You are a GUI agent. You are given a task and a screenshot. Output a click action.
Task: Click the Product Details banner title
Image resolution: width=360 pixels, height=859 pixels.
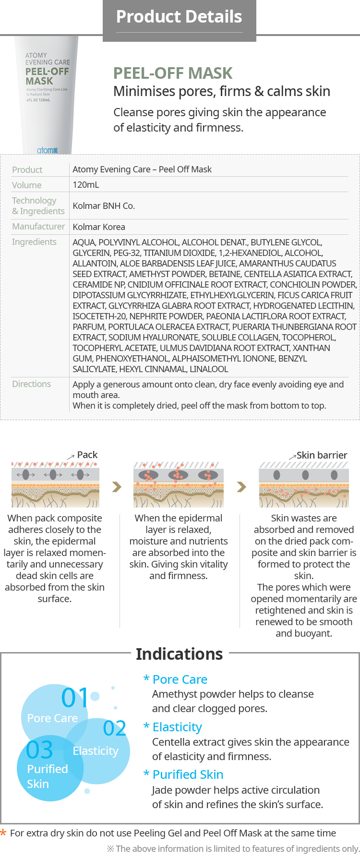tap(179, 17)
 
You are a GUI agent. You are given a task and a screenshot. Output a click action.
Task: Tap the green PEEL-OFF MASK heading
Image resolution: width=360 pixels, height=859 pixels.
tap(173, 73)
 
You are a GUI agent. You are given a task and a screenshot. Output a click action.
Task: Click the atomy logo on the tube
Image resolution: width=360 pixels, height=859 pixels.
tap(47, 150)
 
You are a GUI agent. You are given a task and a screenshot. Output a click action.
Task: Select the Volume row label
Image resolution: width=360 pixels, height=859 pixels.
tap(27, 185)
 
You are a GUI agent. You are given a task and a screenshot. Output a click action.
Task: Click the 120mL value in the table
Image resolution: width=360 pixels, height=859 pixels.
tap(86, 185)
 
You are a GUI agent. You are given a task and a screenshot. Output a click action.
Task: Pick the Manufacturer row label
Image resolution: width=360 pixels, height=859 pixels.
tap(38, 226)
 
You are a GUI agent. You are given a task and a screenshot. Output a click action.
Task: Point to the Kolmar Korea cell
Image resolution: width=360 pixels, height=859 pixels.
tap(99, 227)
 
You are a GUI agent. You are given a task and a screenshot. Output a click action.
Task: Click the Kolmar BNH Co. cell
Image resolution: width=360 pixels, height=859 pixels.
tap(104, 206)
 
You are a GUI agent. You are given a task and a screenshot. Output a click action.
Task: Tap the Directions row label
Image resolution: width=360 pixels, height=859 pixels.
tap(31, 384)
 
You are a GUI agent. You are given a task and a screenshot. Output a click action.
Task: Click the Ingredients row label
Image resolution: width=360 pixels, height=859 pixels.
tap(34, 242)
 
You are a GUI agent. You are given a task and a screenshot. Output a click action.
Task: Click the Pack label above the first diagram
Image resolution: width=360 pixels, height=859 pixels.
tap(87, 455)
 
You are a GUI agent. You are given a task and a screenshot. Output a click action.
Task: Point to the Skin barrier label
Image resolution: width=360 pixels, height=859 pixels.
tap(322, 455)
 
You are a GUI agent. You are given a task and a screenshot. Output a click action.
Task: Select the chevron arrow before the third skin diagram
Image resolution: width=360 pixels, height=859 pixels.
tap(241, 487)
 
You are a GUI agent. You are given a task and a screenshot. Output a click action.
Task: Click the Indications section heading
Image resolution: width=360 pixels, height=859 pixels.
tap(179, 654)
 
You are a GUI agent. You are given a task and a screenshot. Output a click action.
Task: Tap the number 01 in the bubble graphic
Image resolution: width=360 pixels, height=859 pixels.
tap(75, 698)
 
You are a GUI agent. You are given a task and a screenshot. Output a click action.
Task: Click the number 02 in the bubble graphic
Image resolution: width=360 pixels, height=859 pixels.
tap(114, 728)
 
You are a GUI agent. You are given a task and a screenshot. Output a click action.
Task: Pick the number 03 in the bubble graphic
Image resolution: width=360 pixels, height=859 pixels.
tap(39, 750)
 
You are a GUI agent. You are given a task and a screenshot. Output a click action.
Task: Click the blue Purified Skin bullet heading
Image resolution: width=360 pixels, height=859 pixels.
tap(188, 774)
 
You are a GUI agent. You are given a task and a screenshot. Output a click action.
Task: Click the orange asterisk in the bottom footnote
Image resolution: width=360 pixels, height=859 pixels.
tap(3, 833)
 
